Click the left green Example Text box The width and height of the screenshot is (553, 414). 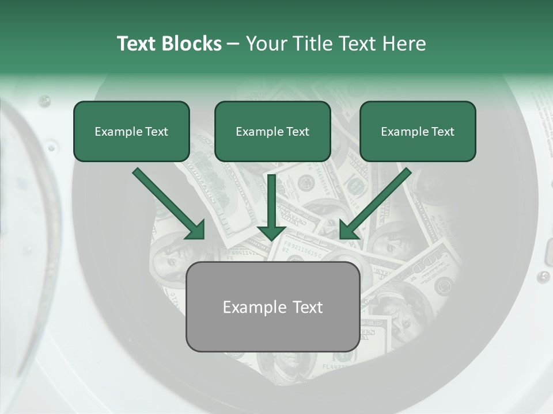click(131, 131)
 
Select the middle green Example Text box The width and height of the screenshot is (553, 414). click(272, 131)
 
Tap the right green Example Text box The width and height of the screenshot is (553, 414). click(418, 131)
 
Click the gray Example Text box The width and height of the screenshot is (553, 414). click(272, 306)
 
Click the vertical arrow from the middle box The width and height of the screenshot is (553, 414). click(271, 201)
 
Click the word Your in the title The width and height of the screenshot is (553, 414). click(266, 44)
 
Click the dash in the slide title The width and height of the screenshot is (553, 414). click(233, 44)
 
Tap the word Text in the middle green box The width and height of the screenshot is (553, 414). click(298, 132)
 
